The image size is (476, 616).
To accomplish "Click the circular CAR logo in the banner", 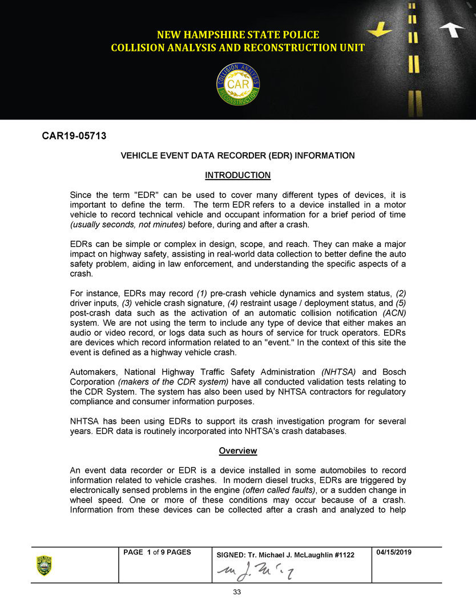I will (238, 84).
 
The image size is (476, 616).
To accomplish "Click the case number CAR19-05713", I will (74, 136).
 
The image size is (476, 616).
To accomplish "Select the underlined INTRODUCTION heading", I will (237, 175).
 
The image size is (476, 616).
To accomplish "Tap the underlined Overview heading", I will (238, 451).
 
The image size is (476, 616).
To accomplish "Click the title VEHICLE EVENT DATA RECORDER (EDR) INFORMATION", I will (237, 156).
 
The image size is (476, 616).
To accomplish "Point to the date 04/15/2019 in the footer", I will (394, 553).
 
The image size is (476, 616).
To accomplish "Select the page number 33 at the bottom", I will (237, 592).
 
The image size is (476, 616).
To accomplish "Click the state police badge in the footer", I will (45, 565).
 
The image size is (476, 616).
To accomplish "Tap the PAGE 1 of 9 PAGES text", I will (158, 553).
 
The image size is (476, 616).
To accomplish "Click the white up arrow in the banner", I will (452, 29).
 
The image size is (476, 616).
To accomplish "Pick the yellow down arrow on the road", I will (380, 29).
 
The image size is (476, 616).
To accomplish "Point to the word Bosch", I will (394, 371).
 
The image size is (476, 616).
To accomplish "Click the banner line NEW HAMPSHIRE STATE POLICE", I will (237, 35).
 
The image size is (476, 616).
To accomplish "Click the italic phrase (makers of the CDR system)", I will (173, 381).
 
